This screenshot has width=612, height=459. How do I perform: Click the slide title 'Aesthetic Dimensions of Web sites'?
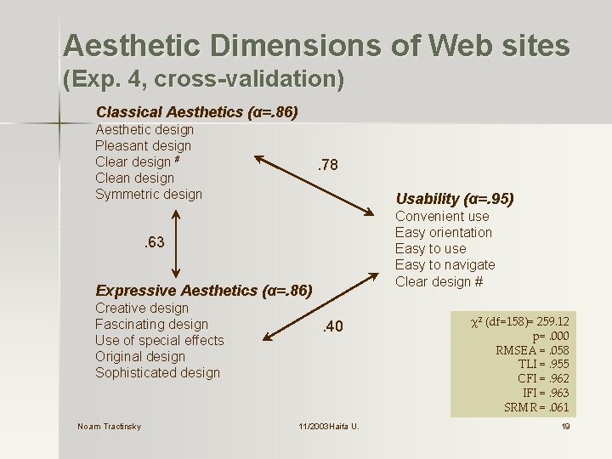coord(316,45)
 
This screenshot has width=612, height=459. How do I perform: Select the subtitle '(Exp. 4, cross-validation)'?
coord(203,81)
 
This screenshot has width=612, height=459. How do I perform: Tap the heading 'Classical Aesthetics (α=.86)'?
coord(196,112)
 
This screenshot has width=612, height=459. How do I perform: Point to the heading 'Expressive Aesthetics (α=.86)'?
coord(204,291)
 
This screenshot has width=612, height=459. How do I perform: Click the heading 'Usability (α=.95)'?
coord(455,199)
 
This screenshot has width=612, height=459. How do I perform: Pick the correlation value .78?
coord(326,165)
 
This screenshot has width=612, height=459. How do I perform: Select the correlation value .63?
coord(152,244)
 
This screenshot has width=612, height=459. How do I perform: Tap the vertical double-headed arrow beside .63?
coord(174,244)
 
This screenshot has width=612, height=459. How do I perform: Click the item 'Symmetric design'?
coord(149,195)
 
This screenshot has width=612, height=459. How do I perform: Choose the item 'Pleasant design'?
coord(143,146)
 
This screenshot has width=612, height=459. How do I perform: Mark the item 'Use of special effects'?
coord(159,341)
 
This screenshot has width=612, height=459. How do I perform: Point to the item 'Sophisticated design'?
coord(157,373)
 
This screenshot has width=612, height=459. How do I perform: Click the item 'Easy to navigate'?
coord(445,265)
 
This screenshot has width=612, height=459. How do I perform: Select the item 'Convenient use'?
coord(442,216)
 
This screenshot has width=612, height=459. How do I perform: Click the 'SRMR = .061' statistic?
coord(536,407)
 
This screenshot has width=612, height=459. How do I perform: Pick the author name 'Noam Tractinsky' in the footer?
coord(109,426)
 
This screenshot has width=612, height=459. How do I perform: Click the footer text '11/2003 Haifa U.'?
coord(328,426)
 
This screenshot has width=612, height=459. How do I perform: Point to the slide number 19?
coord(565,426)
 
